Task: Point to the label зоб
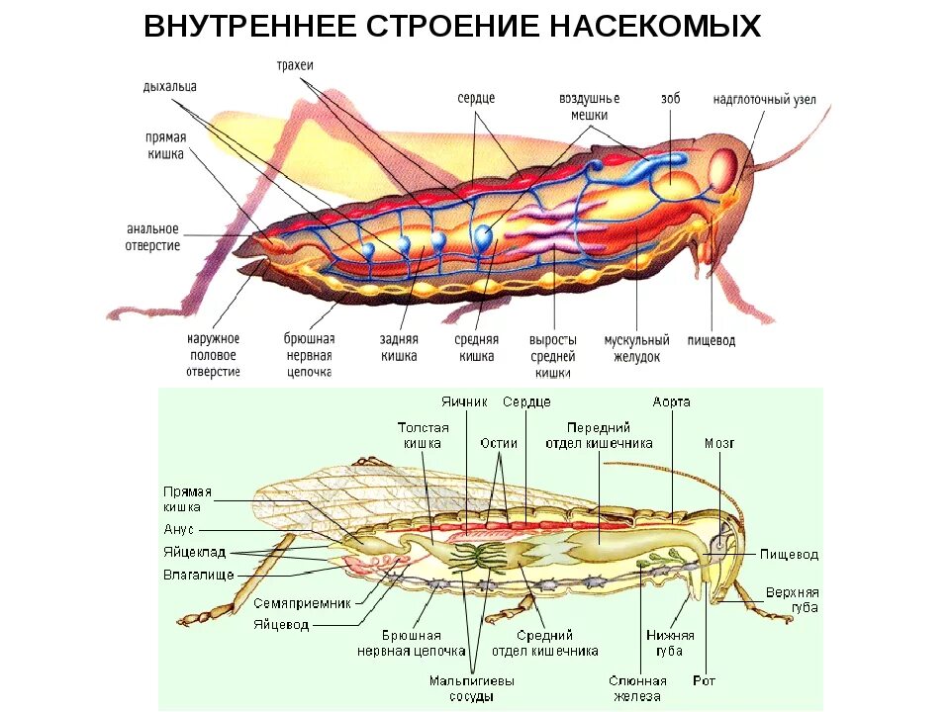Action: [x=671, y=99]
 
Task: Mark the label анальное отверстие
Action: [x=153, y=237]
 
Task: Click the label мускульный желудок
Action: [x=637, y=348]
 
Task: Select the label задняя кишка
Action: [x=398, y=348]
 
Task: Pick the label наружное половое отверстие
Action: [x=213, y=355]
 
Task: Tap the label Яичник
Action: [x=462, y=401]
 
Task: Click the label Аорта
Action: [x=672, y=401]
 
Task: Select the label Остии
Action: [x=500, y=444]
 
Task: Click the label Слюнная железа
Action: [x=637, y=688]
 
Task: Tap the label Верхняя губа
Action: [x=792, y=599]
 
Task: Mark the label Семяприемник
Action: [x=302, y=602]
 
